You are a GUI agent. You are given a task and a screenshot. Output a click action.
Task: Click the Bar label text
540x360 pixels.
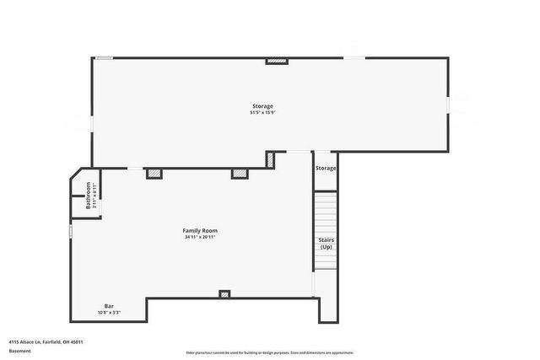109,306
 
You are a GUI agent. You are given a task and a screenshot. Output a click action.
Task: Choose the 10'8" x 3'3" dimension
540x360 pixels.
109,313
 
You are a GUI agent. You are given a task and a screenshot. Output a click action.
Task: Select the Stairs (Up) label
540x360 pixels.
326,244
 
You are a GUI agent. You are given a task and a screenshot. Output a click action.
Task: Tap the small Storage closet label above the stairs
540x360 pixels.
326,169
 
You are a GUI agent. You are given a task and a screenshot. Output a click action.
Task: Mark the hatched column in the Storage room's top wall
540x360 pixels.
277,61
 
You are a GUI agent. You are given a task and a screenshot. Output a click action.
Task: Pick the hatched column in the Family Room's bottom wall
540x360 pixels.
224,294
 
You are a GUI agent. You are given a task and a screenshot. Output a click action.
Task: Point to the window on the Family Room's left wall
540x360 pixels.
71,230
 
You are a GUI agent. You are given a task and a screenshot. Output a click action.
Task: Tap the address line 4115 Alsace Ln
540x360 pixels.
46,341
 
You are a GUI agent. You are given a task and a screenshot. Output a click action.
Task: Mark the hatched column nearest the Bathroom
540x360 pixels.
154,174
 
